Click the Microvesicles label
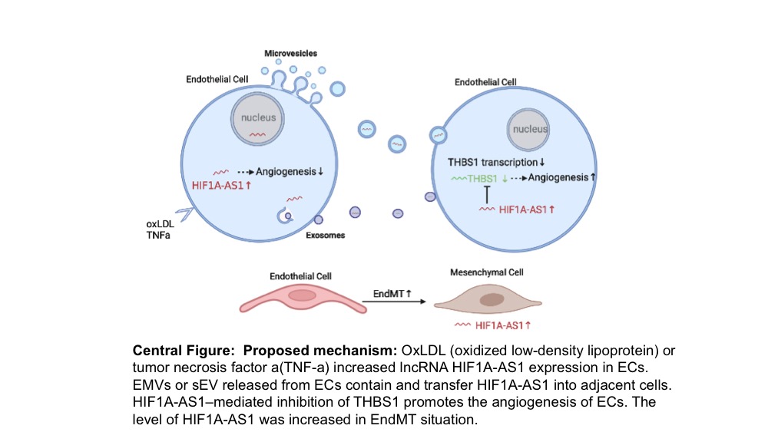tap(290, 53)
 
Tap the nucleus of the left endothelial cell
tap(257, 118)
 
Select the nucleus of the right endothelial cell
tap(528, 130)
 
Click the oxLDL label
tap(161, 224)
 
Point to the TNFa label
tap(158, 236)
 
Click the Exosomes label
tap(325, 236)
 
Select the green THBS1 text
tap(482, 179)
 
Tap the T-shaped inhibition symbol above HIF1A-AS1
tap(487, 195)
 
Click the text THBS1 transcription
tap(493, 163)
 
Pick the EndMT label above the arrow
tap(389, 294)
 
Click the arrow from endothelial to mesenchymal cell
tap(394, 302)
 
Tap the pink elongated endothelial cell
tap(303, 298)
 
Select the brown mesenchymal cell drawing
tap(488, 299)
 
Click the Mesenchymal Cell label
tap(487, 272)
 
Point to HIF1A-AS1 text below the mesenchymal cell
tap(499, 325)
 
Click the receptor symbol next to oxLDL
tap(184, 214)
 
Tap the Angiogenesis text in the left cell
tap(286, 172)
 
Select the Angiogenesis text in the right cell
tap(558, 177)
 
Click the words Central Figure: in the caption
tap(184, 351)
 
